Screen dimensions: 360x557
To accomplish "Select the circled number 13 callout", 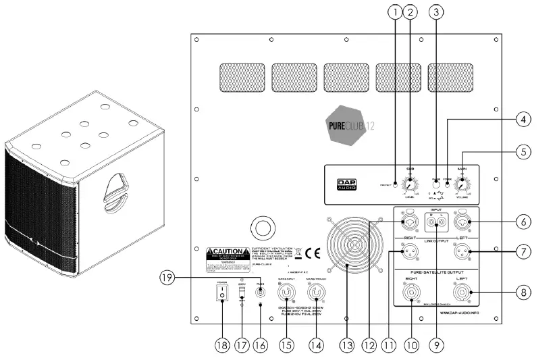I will (347, 344).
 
